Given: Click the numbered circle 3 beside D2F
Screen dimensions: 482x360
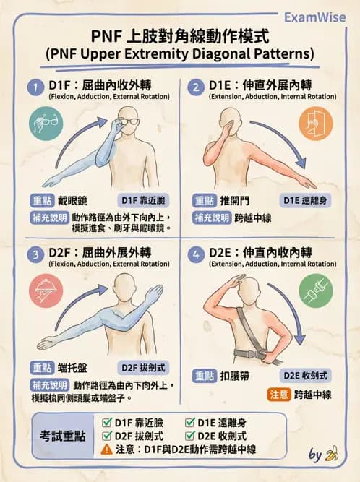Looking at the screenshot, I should coord(33,254).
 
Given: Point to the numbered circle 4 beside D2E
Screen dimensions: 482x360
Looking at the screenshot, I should coord(194,254).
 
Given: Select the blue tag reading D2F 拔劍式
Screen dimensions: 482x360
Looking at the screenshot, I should coord(142,367).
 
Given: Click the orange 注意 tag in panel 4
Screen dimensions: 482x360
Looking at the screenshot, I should coord(279,395).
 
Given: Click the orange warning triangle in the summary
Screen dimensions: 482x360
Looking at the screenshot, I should coord(106,449).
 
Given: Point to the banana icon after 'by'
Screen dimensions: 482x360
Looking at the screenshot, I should coord(333,455).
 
